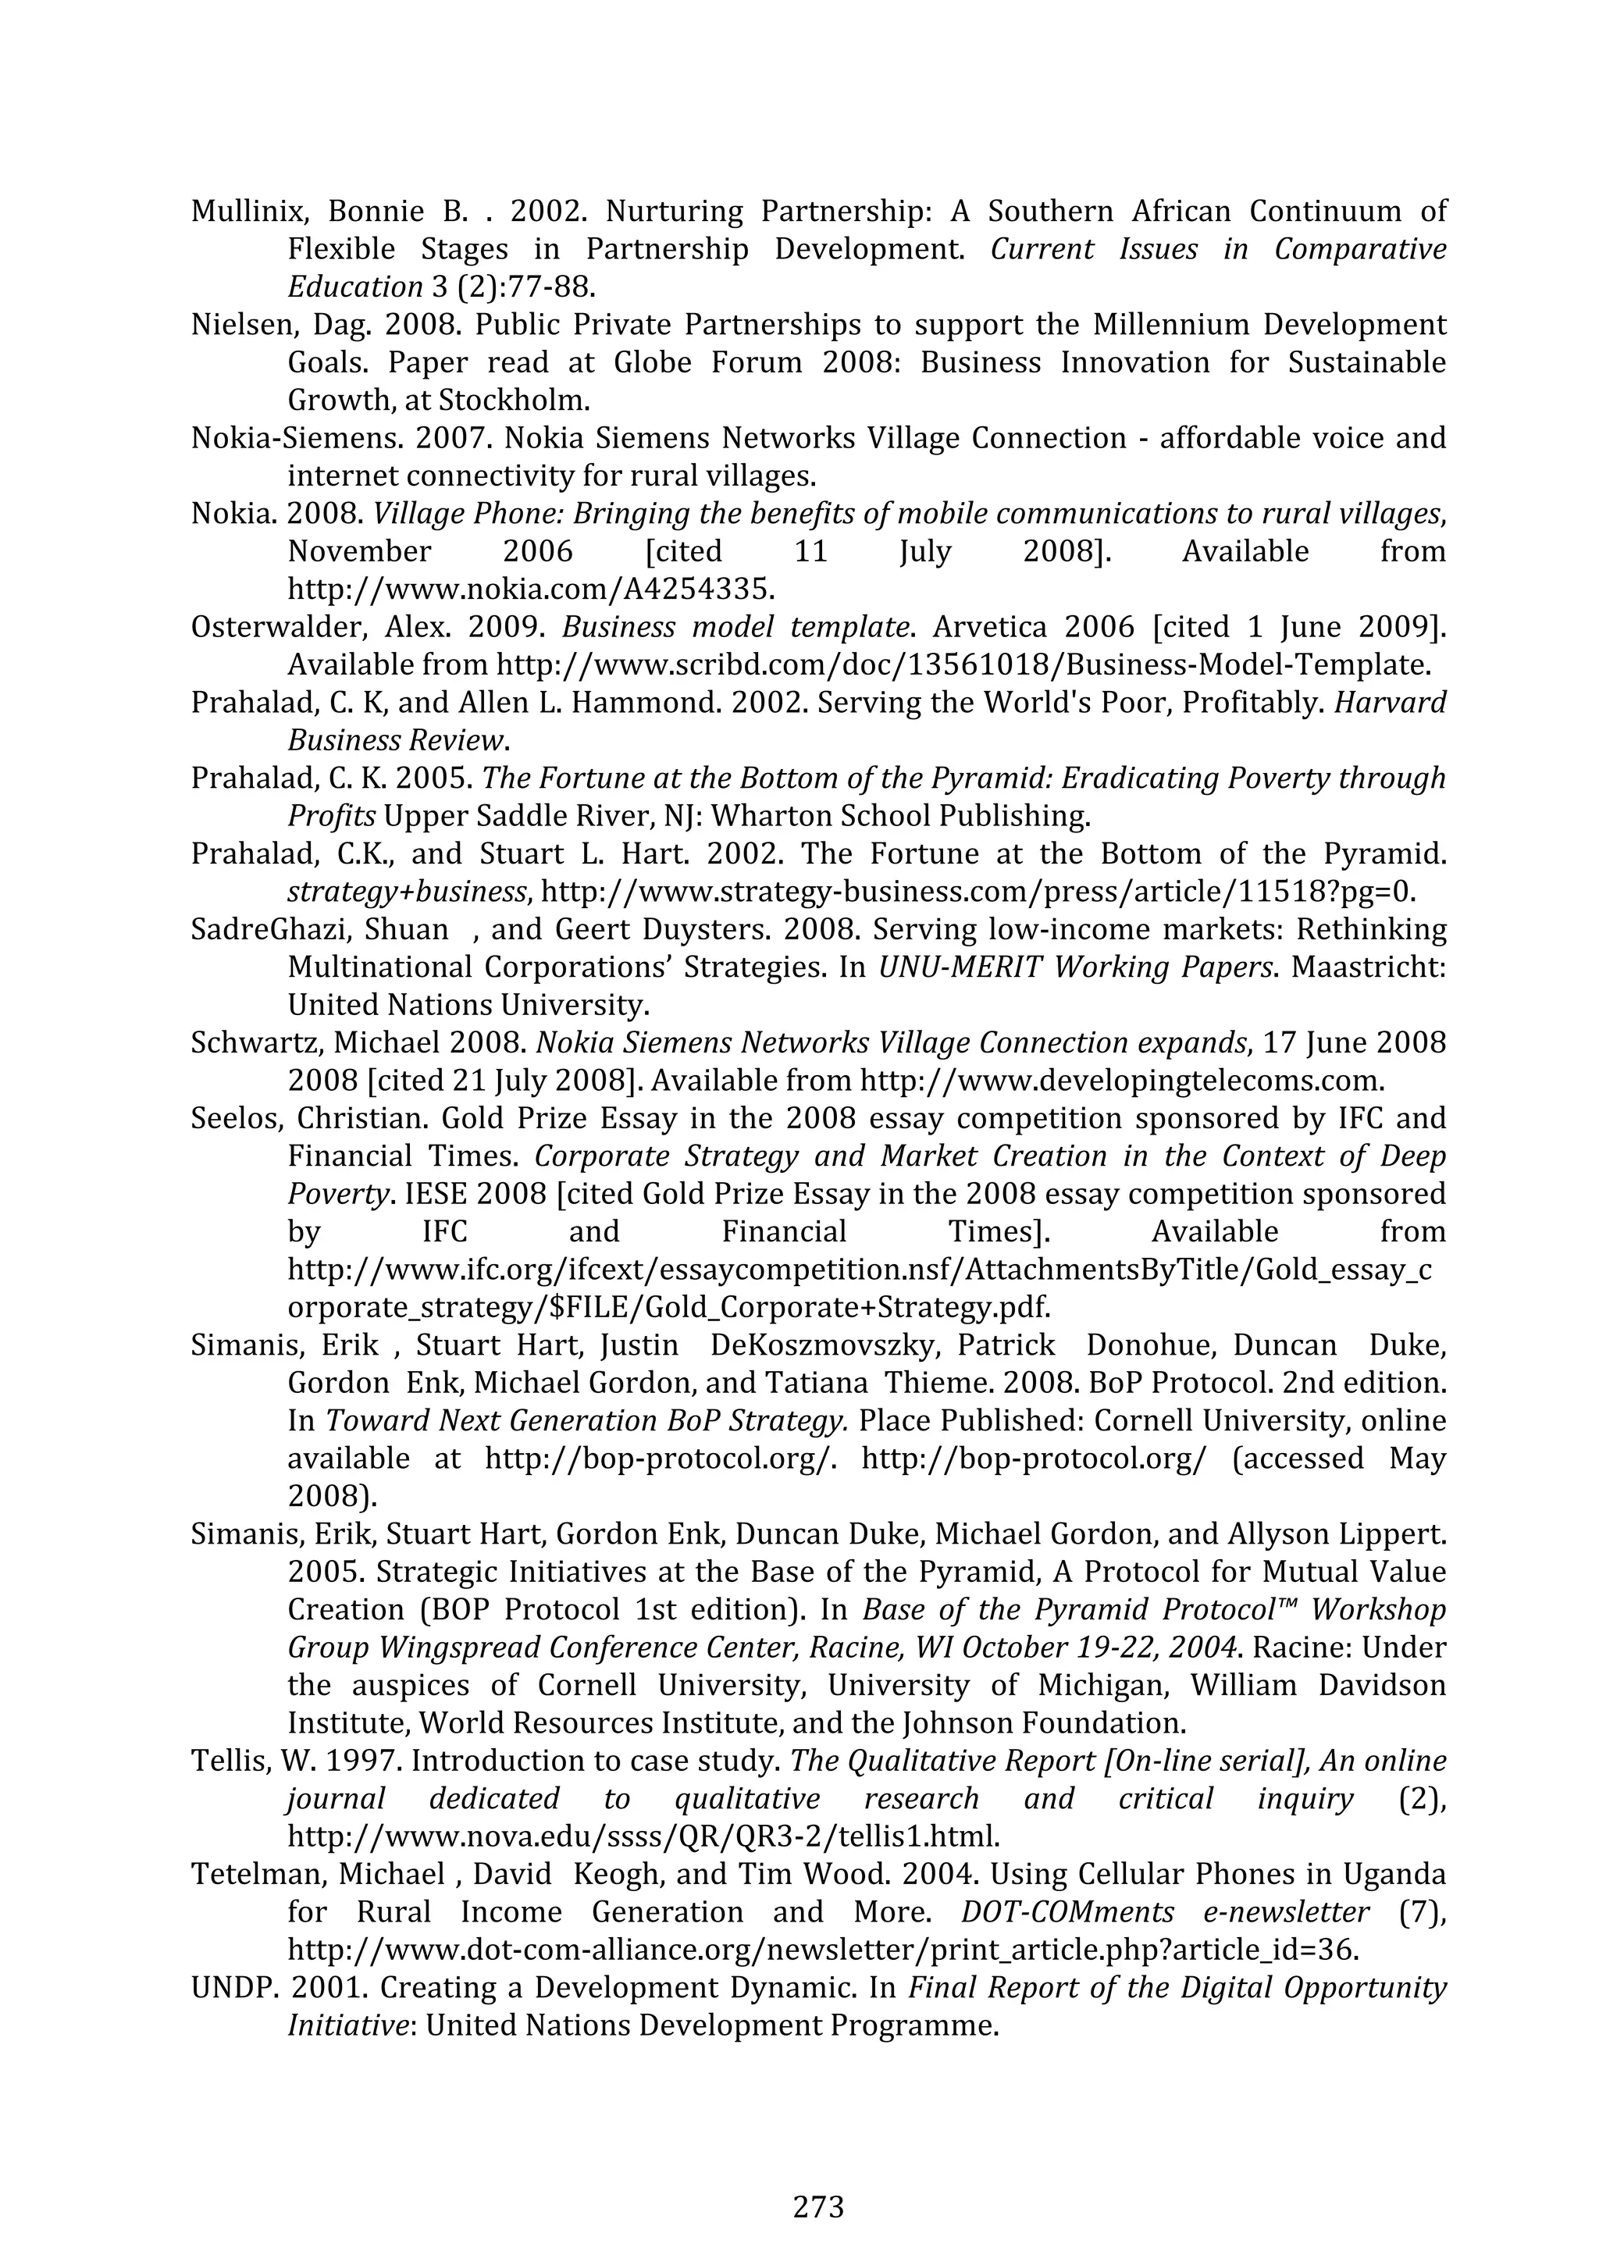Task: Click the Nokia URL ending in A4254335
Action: coord(530,590)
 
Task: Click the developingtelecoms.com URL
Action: coord(1121,1081)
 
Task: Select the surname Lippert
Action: coord(1389,1535)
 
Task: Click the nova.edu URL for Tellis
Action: coord(643,1837)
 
